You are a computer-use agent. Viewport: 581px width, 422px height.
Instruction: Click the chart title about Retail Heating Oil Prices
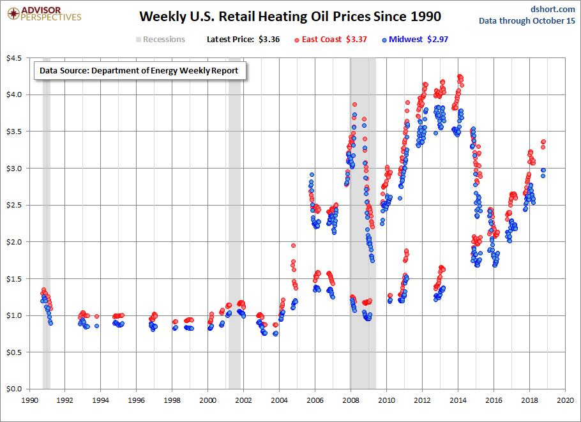(x=290, y=15)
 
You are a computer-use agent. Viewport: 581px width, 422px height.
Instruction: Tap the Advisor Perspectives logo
(x=43, y=13)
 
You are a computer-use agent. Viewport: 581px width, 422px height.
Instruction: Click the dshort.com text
(x=553, y=9)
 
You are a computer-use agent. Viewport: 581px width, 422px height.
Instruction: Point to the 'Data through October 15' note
(x=527, y=21)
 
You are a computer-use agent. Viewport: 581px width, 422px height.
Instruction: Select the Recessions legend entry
(x=160, y=40)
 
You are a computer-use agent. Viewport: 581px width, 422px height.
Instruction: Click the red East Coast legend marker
(x=297, y=40)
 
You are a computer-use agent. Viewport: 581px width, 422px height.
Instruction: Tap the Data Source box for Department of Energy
(x=139, y=71)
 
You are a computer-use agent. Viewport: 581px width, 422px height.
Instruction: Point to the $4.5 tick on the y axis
(x=13, y=59)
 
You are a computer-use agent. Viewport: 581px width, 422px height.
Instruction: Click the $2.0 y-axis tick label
(x=13, y=242)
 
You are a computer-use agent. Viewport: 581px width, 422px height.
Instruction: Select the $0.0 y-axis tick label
(x=13, y=389)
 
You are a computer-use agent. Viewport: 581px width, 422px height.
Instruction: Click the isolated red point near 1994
(x=96, y=316)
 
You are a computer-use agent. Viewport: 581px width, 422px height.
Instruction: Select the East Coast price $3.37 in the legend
(x=356, y=40)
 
